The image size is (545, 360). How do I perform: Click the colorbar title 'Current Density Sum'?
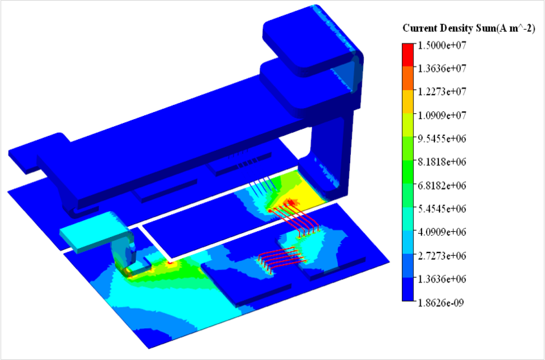(449, 28)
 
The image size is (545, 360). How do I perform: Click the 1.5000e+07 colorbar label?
(441, 45)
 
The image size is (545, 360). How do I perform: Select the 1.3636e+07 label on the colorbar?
(441, 68)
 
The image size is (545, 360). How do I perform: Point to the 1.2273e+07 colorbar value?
(441, 91)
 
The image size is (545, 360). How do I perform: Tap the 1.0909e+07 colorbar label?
(441, 115)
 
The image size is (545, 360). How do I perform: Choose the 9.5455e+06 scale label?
(441, 139)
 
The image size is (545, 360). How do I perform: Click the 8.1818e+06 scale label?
(441, 162)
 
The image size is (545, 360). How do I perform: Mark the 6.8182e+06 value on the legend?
(441, 185)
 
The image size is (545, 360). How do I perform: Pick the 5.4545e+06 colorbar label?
(441, 208)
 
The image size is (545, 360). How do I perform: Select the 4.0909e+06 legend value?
(441, 232)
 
